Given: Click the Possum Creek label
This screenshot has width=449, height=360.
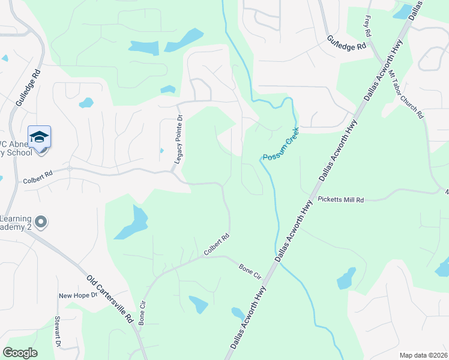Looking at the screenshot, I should (280, 143).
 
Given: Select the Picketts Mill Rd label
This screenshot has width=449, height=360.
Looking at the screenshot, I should (341, 199).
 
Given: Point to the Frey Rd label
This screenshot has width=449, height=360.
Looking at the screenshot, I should (367, 26).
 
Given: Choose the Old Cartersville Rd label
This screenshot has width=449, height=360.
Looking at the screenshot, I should (110, 299).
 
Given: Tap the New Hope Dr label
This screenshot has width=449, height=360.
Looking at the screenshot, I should (77, 295).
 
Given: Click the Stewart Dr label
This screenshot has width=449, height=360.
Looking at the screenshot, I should (58, 331).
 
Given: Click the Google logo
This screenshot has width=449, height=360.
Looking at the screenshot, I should (20, 353).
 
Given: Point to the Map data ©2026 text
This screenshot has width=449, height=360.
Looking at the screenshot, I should (423, 355).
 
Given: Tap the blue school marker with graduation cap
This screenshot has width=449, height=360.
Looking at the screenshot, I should (40, 137).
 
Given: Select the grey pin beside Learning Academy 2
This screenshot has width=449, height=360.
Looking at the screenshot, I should (41, 223).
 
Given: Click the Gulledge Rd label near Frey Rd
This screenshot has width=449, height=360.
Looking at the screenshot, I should (346, 42).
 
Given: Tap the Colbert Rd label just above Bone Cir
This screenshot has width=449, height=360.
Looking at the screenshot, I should (217, 245).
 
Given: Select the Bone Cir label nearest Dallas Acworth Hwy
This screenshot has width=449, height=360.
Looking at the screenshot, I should (250, 272).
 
